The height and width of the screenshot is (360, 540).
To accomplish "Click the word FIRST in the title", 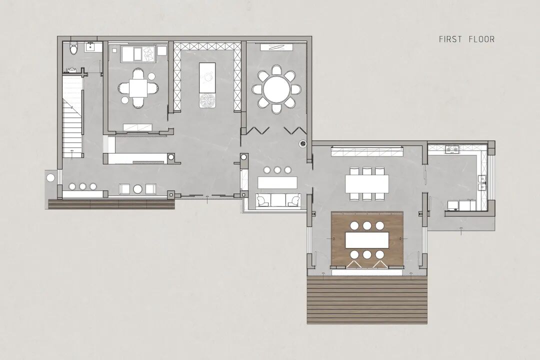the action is (x=450, y=39).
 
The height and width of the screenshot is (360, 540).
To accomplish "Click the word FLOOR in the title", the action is (x=481, y=39).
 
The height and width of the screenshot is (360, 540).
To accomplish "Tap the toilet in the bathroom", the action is (x=73, y=48).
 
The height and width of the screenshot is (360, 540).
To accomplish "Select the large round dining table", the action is (x=276, y=89).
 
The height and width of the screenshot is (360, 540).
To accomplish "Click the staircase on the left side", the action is (x=72, y=117).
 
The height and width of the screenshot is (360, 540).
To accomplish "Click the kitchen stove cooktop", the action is (x=452, y=149).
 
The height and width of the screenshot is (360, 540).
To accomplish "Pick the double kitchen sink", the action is (x=482, y=183).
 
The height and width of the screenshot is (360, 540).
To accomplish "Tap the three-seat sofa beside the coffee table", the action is (x=277, y=200).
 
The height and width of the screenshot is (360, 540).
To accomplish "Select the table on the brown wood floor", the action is (x=367, y=240).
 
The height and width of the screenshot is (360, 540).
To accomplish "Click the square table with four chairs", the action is (x=138, y=88).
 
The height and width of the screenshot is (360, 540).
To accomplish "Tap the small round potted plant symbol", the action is (x=302, y=143).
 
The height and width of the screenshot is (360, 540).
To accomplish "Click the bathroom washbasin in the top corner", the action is (x=91, y=46).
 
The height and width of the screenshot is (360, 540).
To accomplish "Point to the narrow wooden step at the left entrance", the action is (x=111, y=204).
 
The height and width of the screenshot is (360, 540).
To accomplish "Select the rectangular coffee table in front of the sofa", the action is (x=277, y=182).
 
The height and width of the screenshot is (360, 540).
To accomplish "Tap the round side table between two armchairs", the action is (x=138, y=189).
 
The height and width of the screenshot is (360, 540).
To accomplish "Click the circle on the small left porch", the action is (x=50, y=178).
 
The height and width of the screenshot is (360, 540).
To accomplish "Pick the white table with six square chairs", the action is (x=367, y=183).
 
